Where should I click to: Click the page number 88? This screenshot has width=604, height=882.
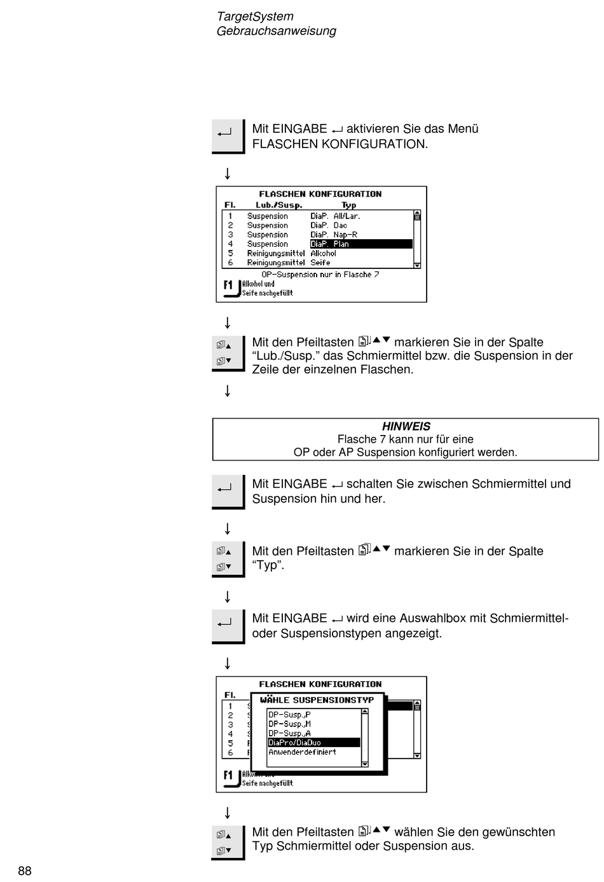click(25, 871)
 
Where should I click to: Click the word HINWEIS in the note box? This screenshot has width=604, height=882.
click(406, 426)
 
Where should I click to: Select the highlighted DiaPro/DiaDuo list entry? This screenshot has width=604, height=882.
click(313, 742)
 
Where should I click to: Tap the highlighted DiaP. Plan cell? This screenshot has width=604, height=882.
click(361, 244)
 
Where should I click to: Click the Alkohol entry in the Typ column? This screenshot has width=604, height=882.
click(323, 253)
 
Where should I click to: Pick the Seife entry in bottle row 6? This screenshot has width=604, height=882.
click(320, 263)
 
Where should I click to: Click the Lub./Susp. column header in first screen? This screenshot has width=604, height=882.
click(278, 205)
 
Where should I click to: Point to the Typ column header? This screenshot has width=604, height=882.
click(349, 205)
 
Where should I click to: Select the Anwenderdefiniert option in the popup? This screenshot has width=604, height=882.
click(302, 752)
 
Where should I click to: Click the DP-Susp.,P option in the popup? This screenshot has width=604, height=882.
click(289, 714)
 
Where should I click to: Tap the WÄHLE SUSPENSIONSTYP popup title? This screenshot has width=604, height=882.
click(317, 699)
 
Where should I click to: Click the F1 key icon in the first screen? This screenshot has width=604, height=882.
click(231, 287)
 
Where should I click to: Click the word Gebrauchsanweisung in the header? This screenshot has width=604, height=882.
click(277, 31)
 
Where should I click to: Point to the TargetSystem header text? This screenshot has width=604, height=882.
click(255, 16)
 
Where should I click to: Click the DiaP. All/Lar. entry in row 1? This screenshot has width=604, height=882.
click(335, 216)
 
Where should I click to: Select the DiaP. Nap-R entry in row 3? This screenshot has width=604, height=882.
click(334, 235)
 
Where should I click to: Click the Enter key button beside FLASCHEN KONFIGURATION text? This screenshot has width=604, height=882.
click(228, 136)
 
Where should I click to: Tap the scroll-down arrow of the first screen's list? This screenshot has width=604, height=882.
click(417, 265)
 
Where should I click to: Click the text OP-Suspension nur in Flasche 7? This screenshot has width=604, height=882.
click(320, 275)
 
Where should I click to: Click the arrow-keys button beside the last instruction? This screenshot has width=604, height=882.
click(228, 843)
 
